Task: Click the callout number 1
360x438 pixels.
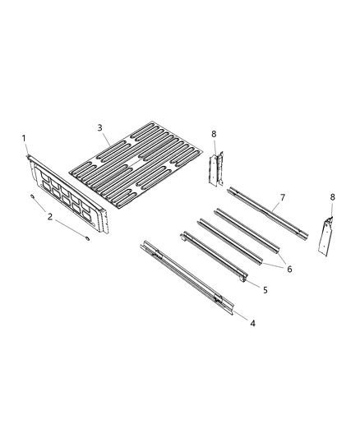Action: click(x=24, y=137)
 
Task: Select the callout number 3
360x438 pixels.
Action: click(x=99, y=127)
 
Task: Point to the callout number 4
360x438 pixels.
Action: click(x=252, y=323)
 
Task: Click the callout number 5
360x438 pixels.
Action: click(x=265, y=290)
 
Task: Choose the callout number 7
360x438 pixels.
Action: click(x=283, y=198)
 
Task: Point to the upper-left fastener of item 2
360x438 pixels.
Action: click(x=31, y=197)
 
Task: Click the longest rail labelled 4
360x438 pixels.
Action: click(x=189, y=274)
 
